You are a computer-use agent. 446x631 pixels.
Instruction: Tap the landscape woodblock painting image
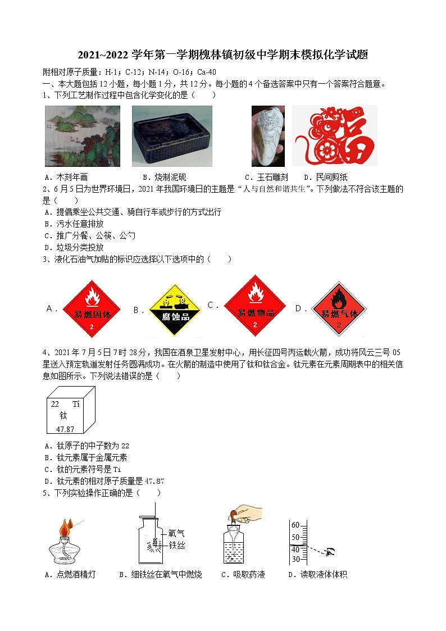[83, 136]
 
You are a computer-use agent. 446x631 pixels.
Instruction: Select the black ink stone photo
[172, 136]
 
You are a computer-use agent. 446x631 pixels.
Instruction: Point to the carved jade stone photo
[268, 136]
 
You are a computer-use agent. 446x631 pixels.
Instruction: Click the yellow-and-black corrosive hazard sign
[175, 310]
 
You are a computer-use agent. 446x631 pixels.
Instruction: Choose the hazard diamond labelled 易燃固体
[91, 308]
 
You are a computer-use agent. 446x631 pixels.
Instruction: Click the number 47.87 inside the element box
[65, 429]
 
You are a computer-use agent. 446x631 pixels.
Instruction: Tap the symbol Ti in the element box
[76, 404]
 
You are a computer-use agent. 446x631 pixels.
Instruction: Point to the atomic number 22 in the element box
[55, 404]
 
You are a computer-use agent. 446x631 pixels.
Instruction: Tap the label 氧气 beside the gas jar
[176, 534]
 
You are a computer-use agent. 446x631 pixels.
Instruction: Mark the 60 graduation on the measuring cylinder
[295, 524]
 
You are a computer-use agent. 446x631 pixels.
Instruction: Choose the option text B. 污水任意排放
[74, 224]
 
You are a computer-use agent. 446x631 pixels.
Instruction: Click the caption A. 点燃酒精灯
[70, 574]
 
